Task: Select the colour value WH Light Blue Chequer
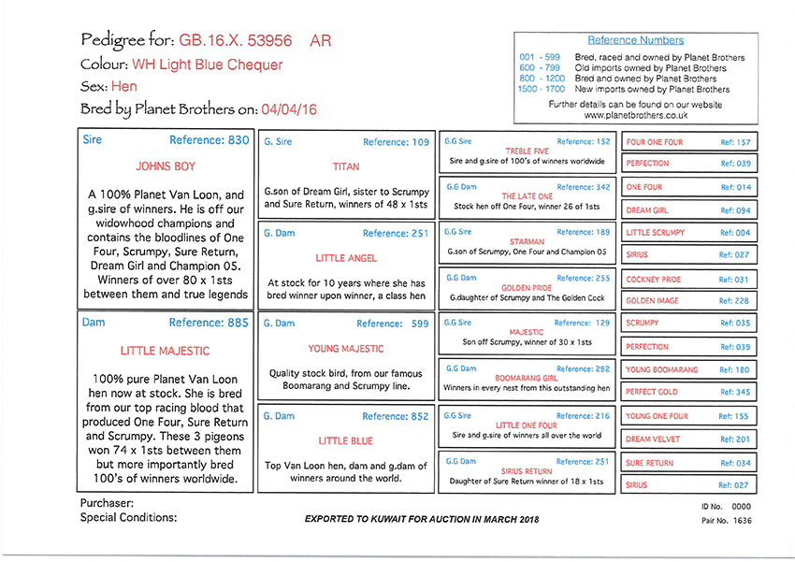tap(207, 65)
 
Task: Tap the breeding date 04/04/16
tap(290, 109)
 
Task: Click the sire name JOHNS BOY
tap(166, 170)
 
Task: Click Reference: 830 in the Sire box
tap(210, 140)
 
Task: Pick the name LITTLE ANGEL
tap(346, 257)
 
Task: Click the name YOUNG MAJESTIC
tap(346, 349)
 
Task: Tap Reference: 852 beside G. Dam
tap(396, 416)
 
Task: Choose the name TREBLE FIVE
tap(528, 151)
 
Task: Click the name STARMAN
tap(528, 241)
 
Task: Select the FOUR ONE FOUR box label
tap(655, 142)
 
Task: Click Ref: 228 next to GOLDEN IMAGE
tap(734, 301)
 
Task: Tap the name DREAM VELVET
tap(651, 439)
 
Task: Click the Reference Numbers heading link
tap(635, 41)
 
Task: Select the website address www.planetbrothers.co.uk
tap(635, 115)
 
